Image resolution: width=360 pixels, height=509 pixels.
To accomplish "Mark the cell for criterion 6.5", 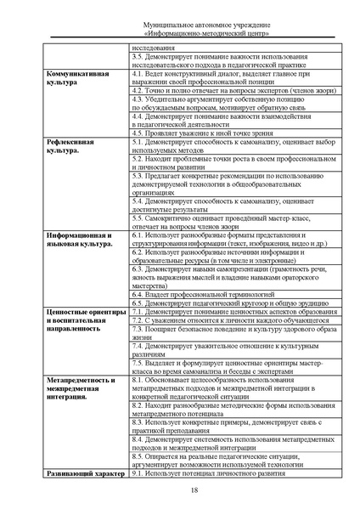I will pyautogui.click(x=222, y=302).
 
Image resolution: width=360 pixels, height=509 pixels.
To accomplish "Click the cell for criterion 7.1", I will pyautogui.click(x=222, y=311).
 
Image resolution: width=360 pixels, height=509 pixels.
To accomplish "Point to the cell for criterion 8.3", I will pyautogui.click(x=222, y=426).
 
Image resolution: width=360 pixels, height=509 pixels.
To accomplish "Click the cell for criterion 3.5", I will pyautogui.click(x=222, y=61).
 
